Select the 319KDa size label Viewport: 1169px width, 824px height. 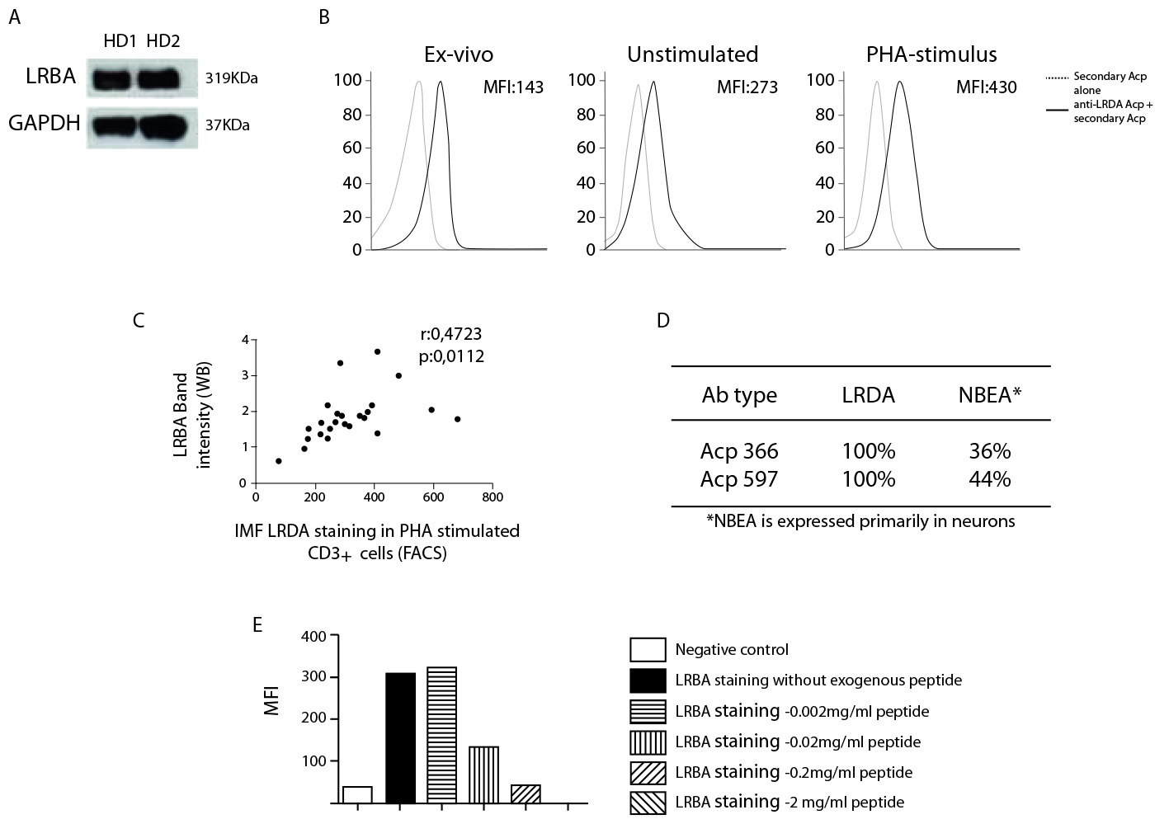click(x=231, y=79)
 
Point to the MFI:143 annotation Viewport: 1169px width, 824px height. click(x=512, y=87)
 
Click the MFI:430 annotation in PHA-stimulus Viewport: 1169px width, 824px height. click(x=986, y=87)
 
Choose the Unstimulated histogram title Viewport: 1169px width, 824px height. click(x=692, y=54)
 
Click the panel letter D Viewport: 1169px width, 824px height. click(x=662, y=321)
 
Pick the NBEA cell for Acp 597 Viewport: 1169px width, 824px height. click(x=989, y=479)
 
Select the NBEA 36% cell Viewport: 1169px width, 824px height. click(x=989, y=451)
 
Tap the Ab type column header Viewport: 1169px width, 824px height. click(x=739, y=395)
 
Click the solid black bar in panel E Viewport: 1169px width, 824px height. click(x=400, y=737)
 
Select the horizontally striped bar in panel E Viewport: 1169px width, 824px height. click(x=441, y=734)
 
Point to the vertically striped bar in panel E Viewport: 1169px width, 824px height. click(x=483, y=775)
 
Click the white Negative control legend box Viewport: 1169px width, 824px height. click(x=648, y=650)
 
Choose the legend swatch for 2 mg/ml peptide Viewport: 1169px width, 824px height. click(x=648, y=803)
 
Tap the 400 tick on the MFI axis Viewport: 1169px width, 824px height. click(x=314, y=637)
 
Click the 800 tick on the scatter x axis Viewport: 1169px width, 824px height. click(x=493, y=497)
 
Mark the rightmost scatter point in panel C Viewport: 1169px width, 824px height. click(x=457, y=419)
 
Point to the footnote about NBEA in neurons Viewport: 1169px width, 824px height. click(x=860, y=521)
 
